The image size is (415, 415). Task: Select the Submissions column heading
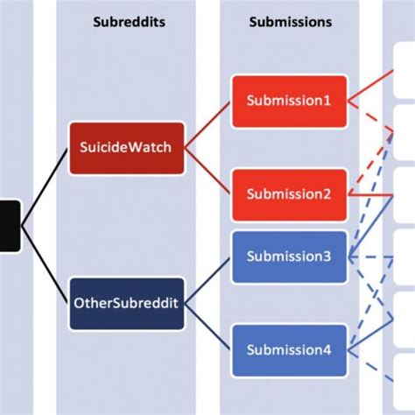click(x=290, y=22)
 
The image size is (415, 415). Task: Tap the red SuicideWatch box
click(x=125, y=147)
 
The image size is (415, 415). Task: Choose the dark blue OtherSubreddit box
click(x=126, y=303)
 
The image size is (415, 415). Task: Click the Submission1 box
click(x=289, y=101)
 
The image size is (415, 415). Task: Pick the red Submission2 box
click(x=289, y=193)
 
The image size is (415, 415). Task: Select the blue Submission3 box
click(x=289, y=257)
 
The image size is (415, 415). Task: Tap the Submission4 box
click(x=289, y=349)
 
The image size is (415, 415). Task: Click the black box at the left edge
click(x=10, y=225)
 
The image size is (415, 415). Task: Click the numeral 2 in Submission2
click(x=327, y=193)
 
